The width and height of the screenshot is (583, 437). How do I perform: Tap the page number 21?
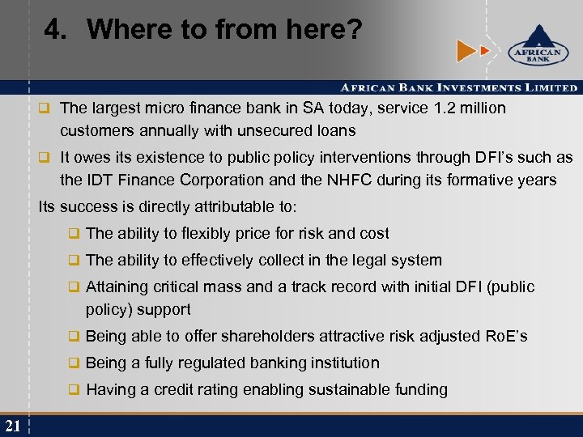click(13, 426)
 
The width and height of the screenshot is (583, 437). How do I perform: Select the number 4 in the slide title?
click(53, 30)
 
